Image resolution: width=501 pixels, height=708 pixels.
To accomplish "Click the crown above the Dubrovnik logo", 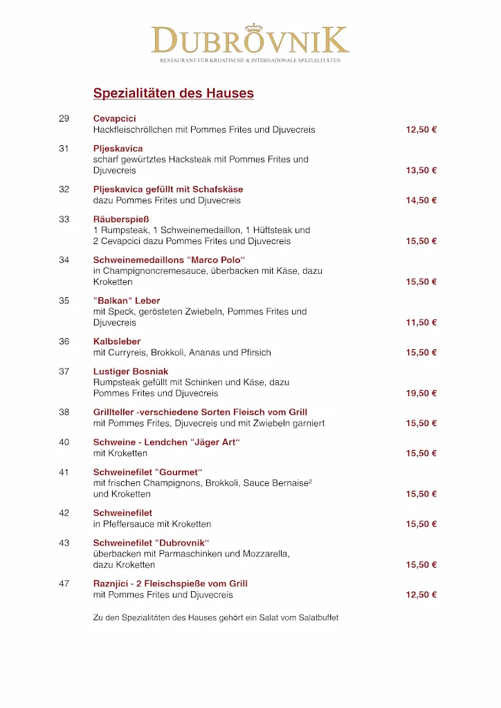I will click(x=255, y=28).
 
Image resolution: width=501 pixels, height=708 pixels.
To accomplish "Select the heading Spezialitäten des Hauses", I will click(x=173, y=93).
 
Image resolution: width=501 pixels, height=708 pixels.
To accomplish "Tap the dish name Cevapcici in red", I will click(x=115, y=118).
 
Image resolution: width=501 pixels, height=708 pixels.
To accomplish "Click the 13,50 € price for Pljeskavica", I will click(x=421, y=171).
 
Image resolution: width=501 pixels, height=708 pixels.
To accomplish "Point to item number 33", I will click(x=64, y=219).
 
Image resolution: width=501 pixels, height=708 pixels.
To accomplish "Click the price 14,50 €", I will click(x=421, y=201).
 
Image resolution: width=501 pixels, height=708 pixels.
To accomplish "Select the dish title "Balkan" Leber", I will click(x=127, y=301).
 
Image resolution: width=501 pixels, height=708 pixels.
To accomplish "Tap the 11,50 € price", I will click(x=421, y=323).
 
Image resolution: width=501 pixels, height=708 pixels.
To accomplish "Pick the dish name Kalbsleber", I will click(x=117, y=342).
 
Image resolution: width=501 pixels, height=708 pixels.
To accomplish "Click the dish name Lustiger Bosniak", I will click(x=131, y=371).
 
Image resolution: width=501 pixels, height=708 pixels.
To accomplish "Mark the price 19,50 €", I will click(x=421, y=393).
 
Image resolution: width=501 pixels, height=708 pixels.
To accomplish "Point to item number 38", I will click(x=64, y=412).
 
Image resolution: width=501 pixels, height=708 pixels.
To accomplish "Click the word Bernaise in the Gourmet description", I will click(x=291, y=483).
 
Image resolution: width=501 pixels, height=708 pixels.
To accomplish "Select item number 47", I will click(x=64, y=584).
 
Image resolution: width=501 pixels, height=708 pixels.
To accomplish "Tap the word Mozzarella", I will click(x=266, y=554).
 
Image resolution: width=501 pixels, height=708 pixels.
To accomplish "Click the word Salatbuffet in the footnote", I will click(x=317, y=617).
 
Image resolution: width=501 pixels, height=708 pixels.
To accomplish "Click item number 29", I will click(x=64, y=118).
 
